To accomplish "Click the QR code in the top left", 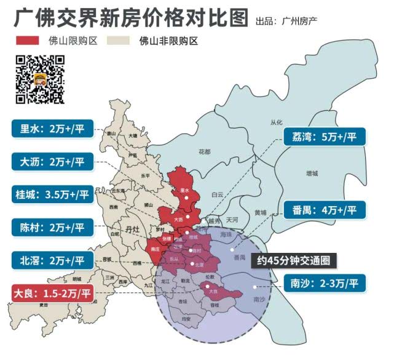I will coord(40,79).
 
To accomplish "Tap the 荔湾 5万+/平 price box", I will coord(324,137).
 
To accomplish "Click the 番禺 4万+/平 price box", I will coord(324,210).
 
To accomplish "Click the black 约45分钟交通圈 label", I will coord(293,260).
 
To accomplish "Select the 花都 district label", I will coord(205,151).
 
